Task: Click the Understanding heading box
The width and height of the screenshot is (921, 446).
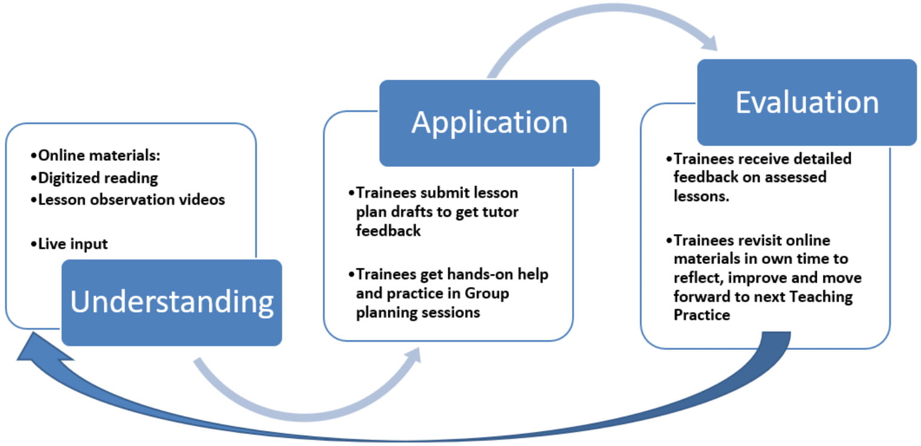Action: tap(172, 302)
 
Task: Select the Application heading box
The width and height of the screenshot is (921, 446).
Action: tap(489, 123)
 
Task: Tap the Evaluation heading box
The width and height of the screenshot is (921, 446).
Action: tap(806, 102)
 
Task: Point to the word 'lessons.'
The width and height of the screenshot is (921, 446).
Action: tap(701, 197)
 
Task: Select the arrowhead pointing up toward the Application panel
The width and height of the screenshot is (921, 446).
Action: tap(413, 356)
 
